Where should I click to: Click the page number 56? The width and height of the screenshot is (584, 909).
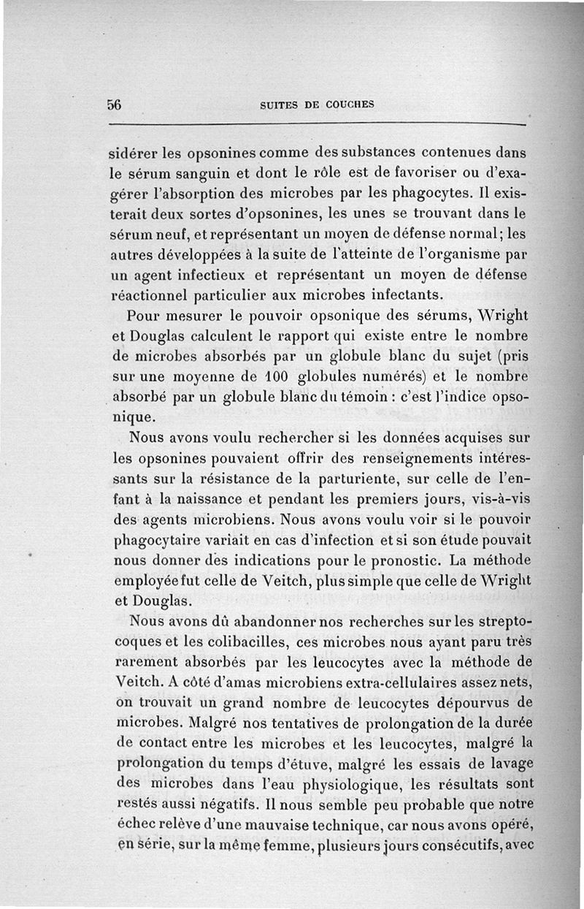click(114, 104)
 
